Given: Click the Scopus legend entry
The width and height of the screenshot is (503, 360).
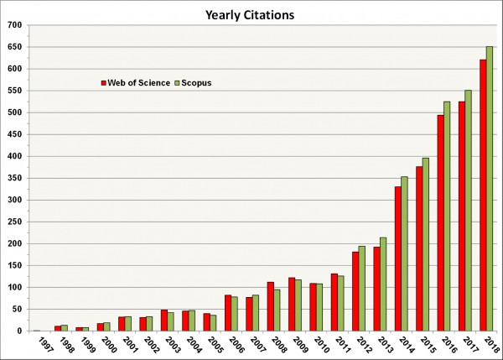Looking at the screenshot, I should (x=194, y=82).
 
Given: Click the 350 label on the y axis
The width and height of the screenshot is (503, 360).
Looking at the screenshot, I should (x=13, y=178).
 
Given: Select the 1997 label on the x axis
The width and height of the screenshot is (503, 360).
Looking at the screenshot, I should (x=34, y=344).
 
